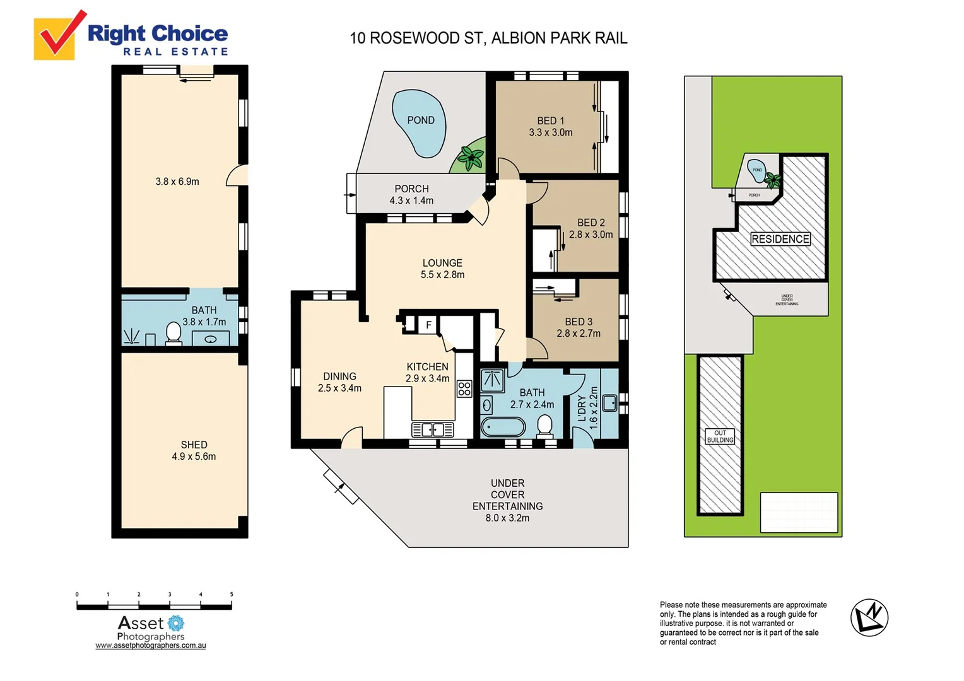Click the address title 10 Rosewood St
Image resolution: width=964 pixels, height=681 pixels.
pyautogui.click(x=488, y=38)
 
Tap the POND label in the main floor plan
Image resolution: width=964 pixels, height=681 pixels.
pyautogui.click(x=421, y=120)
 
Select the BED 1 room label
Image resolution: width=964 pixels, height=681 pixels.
pyautogui.click(x=551, y=120)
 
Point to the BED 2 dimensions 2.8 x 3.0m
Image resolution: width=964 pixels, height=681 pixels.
pyautogui.click(x=591, y=235)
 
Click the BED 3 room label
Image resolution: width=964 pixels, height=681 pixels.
pyautogui.click(x=579, y=322)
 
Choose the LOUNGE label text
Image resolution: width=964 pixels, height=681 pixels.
pyautogui.click(x=442, y=263)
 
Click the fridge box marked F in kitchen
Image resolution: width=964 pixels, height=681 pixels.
pyautogui.click(x=428, y=325)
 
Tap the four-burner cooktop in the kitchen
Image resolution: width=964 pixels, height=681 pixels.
pyautogui.click(x=464, y=388)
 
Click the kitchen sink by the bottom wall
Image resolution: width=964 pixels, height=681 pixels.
pyautogui.click(x=432, y=430)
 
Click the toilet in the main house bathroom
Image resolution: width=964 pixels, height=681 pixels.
pyautogui.click(x=544, y=426)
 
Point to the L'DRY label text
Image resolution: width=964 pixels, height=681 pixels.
pyautogui.click(x=582, y=409)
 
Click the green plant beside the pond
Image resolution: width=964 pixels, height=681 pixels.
pyautogui.click(x=470, y=157)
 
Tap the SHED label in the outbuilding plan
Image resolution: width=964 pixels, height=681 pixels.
pyautogui.click(x=194, y=445)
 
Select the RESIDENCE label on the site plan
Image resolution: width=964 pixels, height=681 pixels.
pyautogui.click(x=780, y=239)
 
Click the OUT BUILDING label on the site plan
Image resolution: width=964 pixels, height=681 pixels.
pyautogui.click(x=720, y=436)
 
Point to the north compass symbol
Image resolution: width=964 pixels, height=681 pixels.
pyautogui.click(x=869, y=617)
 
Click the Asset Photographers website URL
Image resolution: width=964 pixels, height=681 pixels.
pyautogui.click(x=151, y=646)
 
